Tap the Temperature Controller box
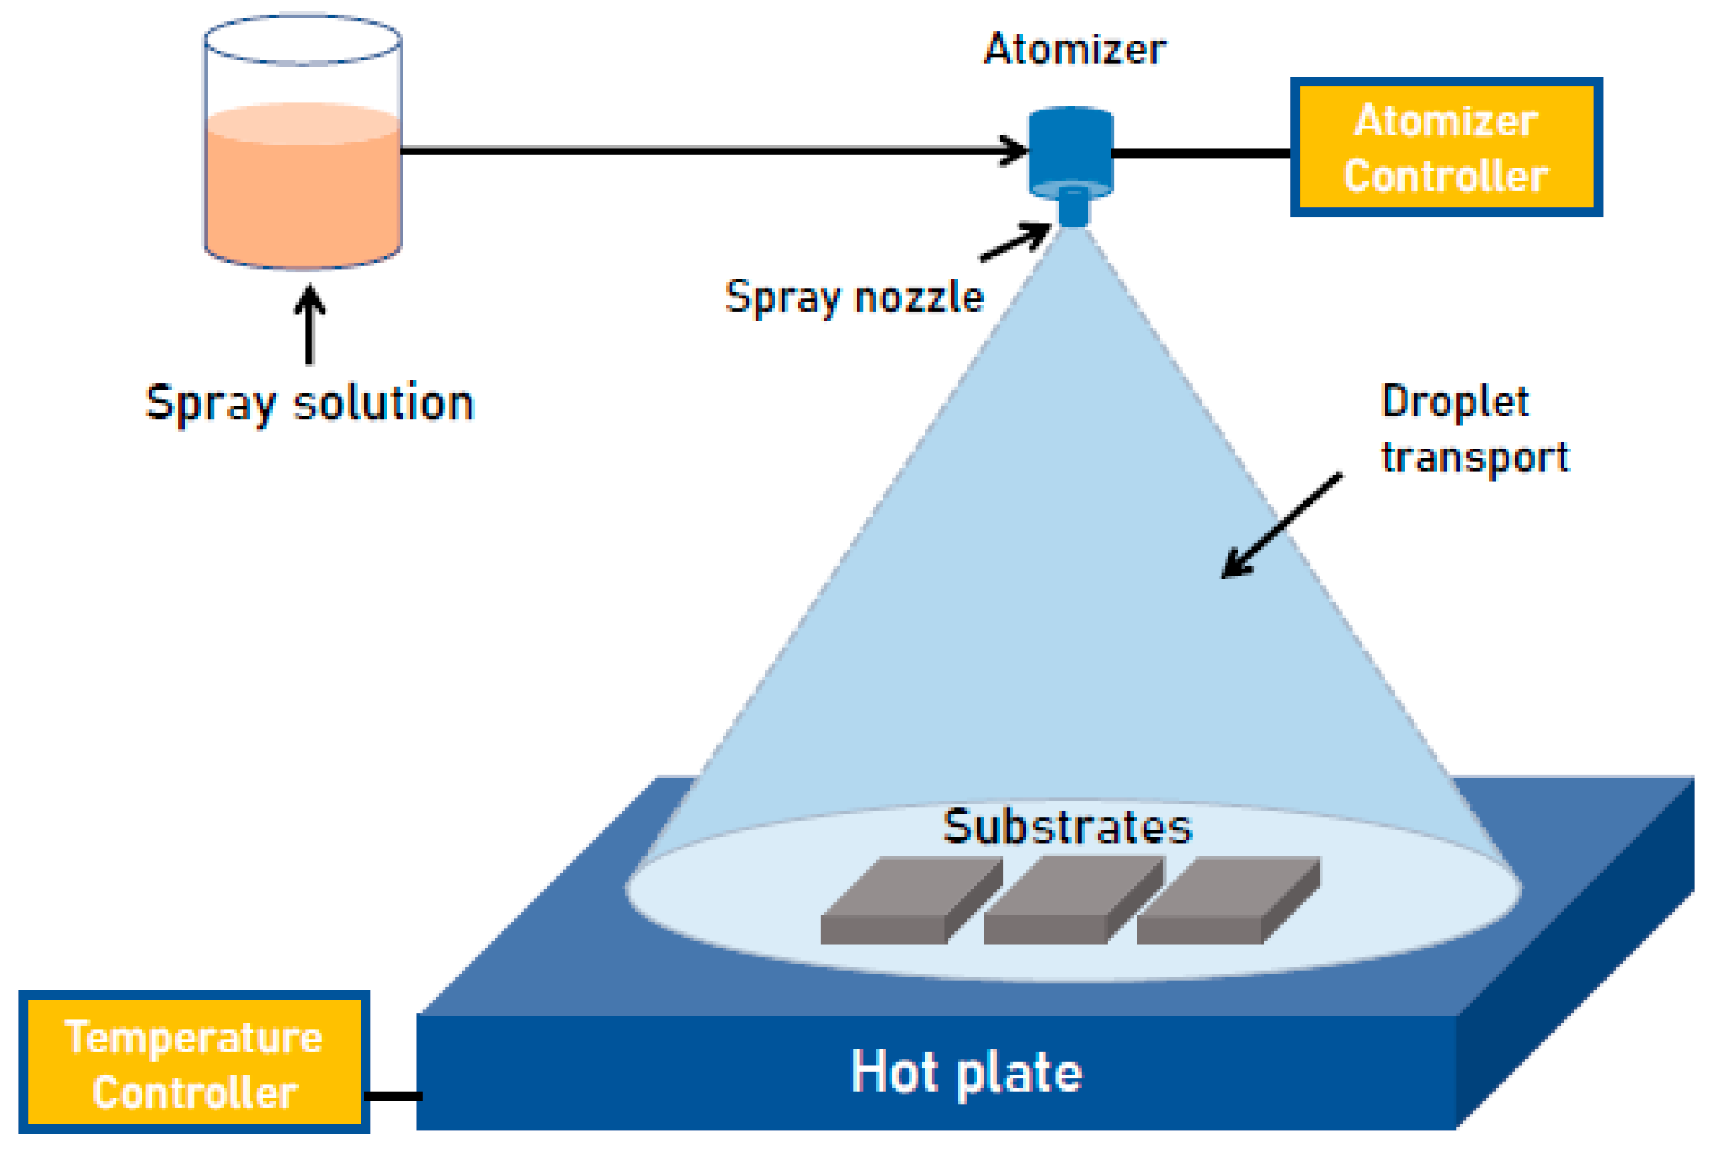click(x=194, y=1062)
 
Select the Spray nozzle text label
click(x=854, y=298)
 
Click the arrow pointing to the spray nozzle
click(x=1015, y=241)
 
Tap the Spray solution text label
click(x=309, y=404)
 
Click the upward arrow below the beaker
click(x=309, y=325)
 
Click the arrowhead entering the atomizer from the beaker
click(x=1013, y=151)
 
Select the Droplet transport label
click(x=1475, y=429)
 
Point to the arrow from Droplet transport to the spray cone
click(x=1282, y=525)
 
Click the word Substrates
click(x=1067, y=827)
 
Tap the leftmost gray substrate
click(x=912, y=901)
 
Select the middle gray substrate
click(x=1074, y=901)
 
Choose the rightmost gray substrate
click(x=1228, y=901)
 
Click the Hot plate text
click(x=967, y=1073)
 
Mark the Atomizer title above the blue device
click(x=1075, y=49)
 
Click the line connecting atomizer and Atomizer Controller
click(x=1201, y=153)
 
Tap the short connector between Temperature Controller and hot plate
click(x=394, y=1096)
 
